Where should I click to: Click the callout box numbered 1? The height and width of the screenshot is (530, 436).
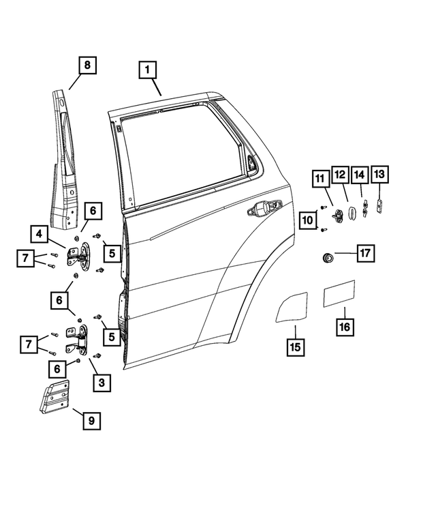149,70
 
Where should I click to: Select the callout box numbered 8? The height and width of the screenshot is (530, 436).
86,66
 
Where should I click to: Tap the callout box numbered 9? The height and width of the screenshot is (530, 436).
90,421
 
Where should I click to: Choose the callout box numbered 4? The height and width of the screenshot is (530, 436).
39,234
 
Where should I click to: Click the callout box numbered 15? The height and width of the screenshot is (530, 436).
294,347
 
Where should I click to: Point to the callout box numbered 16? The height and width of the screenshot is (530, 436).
345,327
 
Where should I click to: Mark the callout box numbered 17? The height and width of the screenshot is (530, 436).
365,254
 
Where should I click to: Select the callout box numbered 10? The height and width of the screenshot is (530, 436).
308,220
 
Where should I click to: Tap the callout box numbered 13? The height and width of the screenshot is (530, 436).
379,175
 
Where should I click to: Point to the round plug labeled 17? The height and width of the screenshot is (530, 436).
328,258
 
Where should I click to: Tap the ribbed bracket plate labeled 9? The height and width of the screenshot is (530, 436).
54,397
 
